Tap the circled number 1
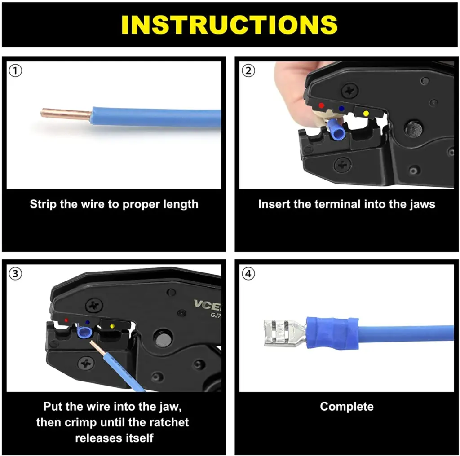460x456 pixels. (16, 71)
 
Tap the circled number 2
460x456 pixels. (248, 71)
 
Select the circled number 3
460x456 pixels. (16, 274)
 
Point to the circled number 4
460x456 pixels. (248, 274)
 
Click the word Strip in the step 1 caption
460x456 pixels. (44, 204)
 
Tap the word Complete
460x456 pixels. (346, 407)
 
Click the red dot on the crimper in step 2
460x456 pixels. (321, 105)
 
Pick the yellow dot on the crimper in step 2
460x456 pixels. (366, 113)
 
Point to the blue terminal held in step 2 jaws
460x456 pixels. (336, 131)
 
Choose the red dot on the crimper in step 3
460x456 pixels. (66, 321)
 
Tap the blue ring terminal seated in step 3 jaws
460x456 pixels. (84, 333)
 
